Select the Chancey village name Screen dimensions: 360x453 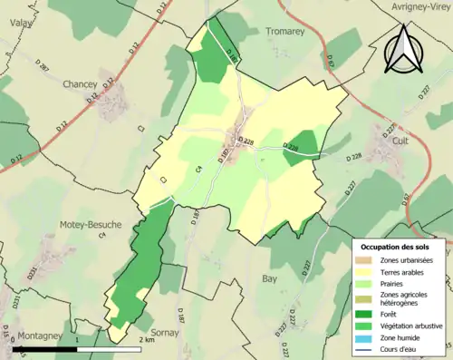[x=80, y=84]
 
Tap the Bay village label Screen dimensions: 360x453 [x=269, y=279]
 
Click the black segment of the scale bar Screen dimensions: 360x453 [x=45, y=348]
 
